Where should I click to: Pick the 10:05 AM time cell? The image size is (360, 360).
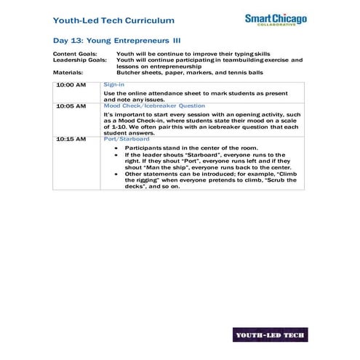[71, 106]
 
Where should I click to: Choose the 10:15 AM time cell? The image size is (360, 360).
[71, 139]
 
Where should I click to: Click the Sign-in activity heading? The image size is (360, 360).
[114, 85]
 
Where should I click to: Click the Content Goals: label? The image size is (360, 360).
[75, 54]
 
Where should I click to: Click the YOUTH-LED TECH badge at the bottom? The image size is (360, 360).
[270, 335]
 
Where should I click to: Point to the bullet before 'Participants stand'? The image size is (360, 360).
[118, 148]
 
